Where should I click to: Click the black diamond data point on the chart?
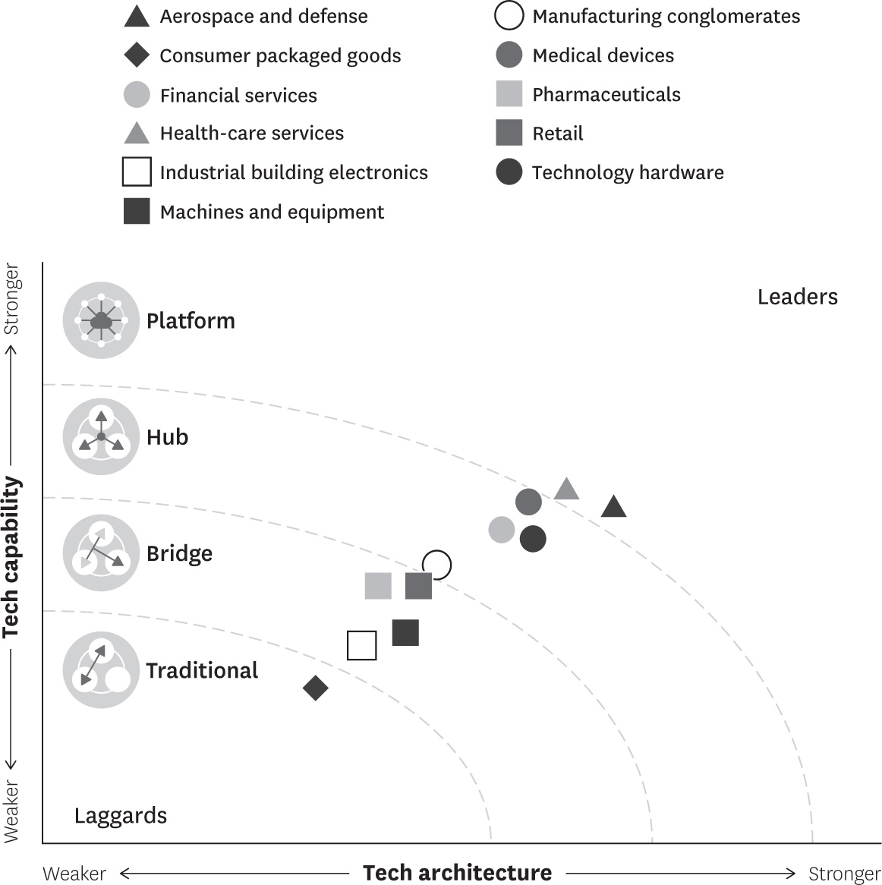click(315, 688)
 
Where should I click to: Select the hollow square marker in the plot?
click(362, 645)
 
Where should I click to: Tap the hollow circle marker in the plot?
click(437, 565)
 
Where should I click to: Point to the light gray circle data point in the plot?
click(502, 529)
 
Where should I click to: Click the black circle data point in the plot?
click(533, 539)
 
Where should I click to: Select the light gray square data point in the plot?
click(378, 586)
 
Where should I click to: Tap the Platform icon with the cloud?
click(101, 321)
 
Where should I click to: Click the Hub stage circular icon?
click(101, 437)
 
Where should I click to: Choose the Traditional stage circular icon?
click(101, 671)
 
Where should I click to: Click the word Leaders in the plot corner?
click(797, 297)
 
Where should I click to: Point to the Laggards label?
click(121, 816)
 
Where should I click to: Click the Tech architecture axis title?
click(457, 873)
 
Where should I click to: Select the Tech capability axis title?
click(11, 556)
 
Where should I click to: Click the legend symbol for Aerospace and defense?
click(137, 16)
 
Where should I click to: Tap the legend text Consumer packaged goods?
click(280, 55)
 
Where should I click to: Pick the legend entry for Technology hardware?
click(627, 172)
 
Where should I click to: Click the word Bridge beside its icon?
click(179, 553)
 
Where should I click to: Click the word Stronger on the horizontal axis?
click(844, 874)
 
